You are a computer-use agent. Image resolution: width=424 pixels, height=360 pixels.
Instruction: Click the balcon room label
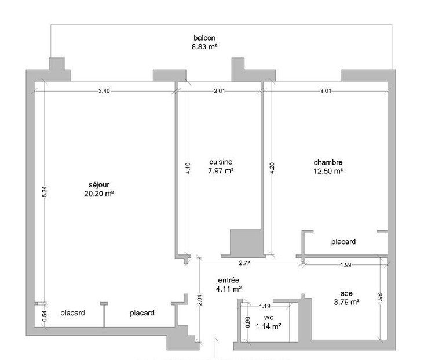click(x=204, y=38)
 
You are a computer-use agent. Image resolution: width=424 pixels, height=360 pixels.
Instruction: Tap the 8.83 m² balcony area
click(x=204, y=46)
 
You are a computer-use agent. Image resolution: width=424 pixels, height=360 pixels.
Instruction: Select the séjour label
click(x=99, y=185)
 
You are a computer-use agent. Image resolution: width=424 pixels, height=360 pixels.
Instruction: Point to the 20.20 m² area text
click(x=99, y=194)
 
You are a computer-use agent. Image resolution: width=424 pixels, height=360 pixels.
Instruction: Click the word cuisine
click(x=221, y=162)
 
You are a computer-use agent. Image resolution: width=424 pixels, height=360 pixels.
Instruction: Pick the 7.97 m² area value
click(x=221, y=171)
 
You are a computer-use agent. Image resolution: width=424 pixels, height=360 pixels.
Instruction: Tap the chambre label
click(x=328, y=162)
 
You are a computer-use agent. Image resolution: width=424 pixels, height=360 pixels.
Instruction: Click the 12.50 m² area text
click(x=328, y=171)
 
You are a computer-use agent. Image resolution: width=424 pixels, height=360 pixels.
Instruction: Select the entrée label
click(x=228, y=281)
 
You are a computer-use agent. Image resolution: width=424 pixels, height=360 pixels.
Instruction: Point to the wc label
click(x=268, y=318)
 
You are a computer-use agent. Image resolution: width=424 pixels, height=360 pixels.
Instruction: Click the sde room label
click(x=346, y=293)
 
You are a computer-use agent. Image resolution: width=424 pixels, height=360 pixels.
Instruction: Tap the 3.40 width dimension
click(x=104, y=91)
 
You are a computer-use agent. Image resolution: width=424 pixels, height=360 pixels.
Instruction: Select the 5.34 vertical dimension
click(x=45, y=192)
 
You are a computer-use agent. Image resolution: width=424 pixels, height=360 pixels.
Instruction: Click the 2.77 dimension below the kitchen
click(x=244, y=263)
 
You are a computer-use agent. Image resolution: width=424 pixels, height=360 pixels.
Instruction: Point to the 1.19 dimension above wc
click(x=265, y=306)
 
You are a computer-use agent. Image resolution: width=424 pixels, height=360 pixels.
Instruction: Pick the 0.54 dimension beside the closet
click(x=45, y=316)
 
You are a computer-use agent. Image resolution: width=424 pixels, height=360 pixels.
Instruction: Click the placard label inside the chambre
click(x=343, y=242)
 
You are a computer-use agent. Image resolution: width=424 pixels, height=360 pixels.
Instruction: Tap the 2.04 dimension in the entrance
click(x=200, y=300)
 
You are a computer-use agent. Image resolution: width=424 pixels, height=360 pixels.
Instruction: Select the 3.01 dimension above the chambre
click(x=326, y=91)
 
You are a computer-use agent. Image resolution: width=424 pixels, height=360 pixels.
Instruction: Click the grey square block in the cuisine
click(x=246, y=242)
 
